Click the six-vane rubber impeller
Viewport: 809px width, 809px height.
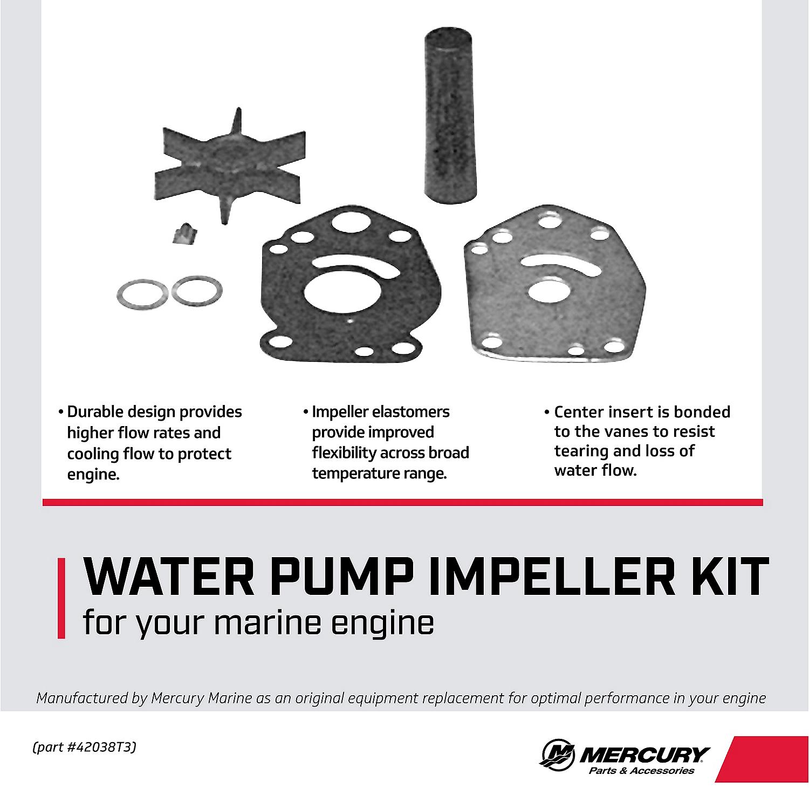pos(230,167)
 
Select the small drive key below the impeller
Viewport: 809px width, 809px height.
pos(181,235)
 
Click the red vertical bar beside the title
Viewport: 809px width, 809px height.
pos(61,599)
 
